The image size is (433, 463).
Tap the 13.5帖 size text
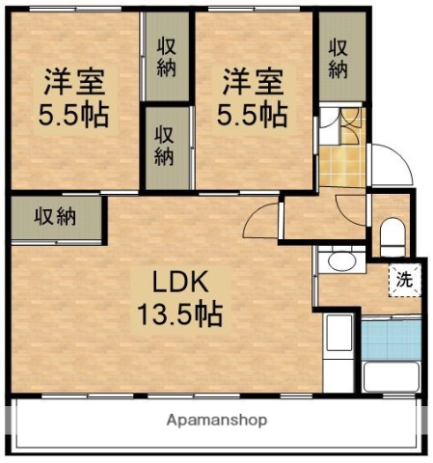point(177,313)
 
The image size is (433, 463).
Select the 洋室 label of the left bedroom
point(72,82)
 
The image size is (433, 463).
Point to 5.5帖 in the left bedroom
point(72,116)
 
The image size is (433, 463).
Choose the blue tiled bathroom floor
point(392,338)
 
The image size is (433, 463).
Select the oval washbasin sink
point(338,260)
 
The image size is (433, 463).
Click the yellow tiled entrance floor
point(341,165)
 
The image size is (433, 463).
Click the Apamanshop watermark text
point(217,422)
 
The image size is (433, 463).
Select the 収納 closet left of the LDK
point(56,216)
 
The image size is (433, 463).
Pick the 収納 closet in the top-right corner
point(340,58)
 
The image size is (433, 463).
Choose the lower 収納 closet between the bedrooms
point(166,146)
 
